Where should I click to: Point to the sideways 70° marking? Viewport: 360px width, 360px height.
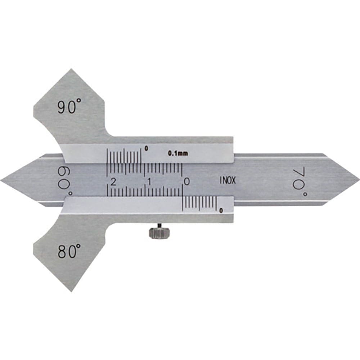point(300,181)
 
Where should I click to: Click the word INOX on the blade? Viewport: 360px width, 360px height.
point(228,181)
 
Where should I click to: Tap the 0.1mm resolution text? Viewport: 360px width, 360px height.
point(178,153)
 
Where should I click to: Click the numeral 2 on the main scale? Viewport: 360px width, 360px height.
point(113,182)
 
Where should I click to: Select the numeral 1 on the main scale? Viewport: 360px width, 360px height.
point(150,182)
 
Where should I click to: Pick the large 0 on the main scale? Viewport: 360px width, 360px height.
point(187,181)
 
